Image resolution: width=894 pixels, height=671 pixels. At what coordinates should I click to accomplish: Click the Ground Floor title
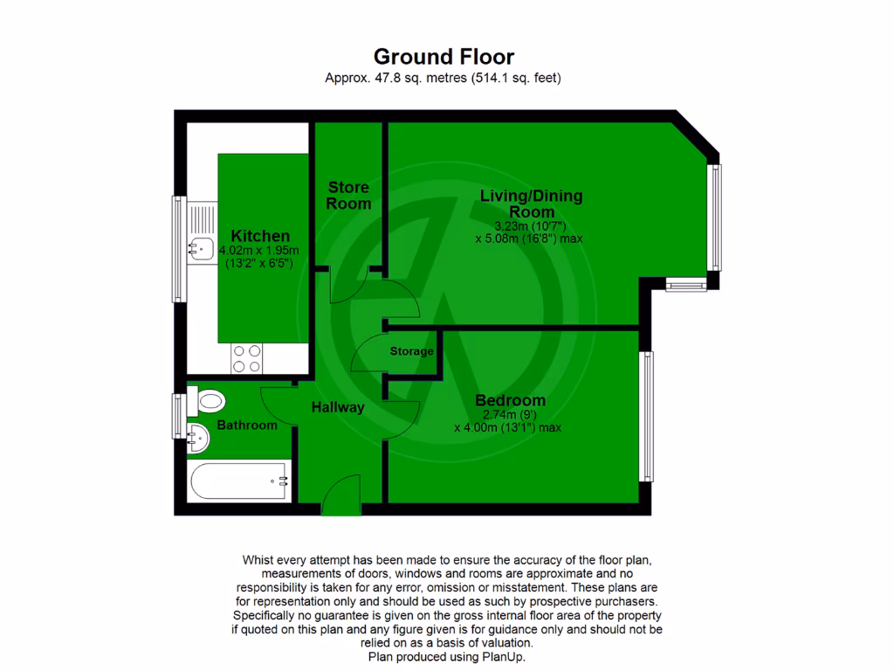pos(444,57)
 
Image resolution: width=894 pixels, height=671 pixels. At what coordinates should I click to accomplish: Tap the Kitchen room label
pos(260,236)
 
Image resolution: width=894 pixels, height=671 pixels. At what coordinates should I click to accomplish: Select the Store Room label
pos(348,195)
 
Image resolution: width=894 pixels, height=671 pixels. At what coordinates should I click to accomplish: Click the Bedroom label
pos(510,400)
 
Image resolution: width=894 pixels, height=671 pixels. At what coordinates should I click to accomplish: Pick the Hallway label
pos(338,407)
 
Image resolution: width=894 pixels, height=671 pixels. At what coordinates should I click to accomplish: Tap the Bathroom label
pos(247,425)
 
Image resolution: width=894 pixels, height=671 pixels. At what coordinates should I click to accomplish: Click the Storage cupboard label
pos(411,351)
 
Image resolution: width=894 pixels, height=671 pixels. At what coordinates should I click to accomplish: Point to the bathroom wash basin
pos(198,437)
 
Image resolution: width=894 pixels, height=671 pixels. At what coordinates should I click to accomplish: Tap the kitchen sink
pos(199,248)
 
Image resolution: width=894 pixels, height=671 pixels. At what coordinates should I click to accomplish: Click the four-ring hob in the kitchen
pos(246,357)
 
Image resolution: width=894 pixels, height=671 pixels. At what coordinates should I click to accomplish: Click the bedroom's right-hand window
pos(646,416)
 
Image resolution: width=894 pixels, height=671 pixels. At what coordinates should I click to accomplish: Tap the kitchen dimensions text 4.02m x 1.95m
pos(260,249)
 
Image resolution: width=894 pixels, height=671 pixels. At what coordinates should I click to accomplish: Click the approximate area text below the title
pos(443,78)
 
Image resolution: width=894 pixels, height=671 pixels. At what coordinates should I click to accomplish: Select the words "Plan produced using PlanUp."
pos(447,656)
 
